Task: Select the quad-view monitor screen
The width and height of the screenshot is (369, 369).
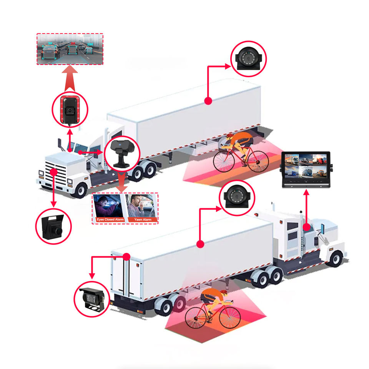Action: click(x=306, y=166)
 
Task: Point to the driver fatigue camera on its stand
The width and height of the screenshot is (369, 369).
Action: click(x=122, y=153)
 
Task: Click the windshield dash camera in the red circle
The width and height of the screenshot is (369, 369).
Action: click(x=70, y=109)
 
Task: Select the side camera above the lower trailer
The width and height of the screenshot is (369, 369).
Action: click(x=237, y=197)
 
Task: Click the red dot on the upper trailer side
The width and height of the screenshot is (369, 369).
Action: click(x=208, y=101)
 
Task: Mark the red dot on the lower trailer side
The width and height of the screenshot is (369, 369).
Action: click(x=199, y=244)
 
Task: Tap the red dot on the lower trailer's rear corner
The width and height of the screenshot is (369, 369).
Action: click(x=127, y=256)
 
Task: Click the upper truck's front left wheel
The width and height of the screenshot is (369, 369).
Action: click(x=80, y=189)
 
